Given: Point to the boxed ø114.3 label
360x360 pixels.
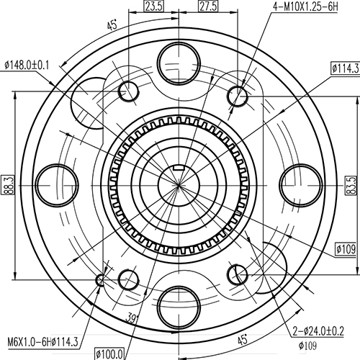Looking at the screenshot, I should (344, 68).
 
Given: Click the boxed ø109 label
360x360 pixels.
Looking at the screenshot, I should (346, 249).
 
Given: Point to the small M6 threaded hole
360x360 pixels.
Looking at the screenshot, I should (101, 279).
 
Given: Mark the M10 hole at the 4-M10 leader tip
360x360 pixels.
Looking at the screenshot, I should (238, 94).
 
